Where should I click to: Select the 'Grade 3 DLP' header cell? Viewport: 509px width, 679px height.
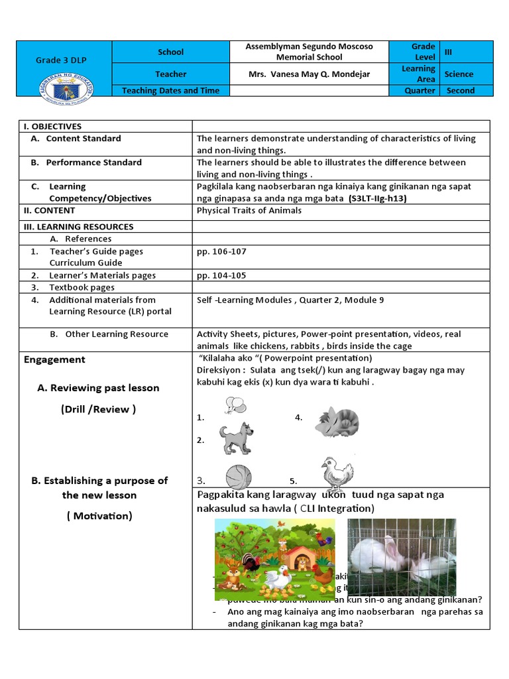click(x=64, y=60)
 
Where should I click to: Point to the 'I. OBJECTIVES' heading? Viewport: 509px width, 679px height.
click(x=52, y=127)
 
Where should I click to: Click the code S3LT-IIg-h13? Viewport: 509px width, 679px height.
click(x=378, y=198)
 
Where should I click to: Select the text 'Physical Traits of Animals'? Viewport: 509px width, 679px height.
click(x=249, y=211)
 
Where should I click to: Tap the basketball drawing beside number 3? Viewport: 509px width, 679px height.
click(x=239, y=477)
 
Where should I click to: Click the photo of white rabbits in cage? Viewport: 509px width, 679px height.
click(x=402, y=556)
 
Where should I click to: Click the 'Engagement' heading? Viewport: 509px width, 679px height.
click(x=54, y=359)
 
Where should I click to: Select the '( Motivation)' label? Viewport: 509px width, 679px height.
click(x=99, y=516)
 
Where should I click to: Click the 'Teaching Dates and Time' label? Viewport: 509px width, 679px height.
click(x=170, y=91)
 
